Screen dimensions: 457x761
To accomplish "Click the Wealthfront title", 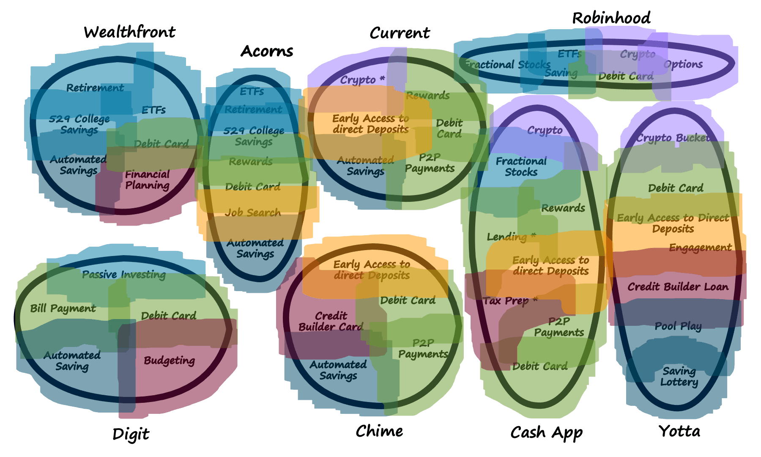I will (x=129, y=32).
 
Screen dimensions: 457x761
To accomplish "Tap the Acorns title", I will (x=267, y=51).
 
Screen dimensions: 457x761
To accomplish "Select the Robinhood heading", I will (x=611, y=18).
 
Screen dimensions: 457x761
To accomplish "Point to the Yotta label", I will (x=679, y=431).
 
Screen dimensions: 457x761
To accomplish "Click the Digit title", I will (x=131, y=434).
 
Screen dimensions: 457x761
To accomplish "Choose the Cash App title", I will (x=546, y=432).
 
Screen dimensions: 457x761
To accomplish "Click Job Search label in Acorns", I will (x=253, y=212).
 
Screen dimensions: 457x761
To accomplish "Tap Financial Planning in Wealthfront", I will (x=147, y=180).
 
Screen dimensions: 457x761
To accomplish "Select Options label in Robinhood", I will (x=683, y=64).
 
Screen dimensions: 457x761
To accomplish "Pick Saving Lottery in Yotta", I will (x=679, y=377).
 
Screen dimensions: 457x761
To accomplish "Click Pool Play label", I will (x=678, y=326).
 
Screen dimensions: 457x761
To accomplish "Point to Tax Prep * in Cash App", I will (x=510, y=301).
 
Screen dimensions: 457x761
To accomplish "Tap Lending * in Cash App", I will (x=511, y=237).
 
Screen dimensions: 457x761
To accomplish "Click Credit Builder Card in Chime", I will (x=331, y=322).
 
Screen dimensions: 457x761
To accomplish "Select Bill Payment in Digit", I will (x=63, y=308).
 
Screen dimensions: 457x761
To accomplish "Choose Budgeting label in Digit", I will (x=169, y=361).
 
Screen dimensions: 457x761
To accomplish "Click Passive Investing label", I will (x=124, y=275).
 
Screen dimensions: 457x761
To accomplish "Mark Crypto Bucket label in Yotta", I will (x=673, y=138).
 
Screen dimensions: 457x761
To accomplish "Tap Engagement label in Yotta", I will (x=700, y=248).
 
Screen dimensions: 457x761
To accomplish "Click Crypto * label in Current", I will (x=362, y=80).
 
